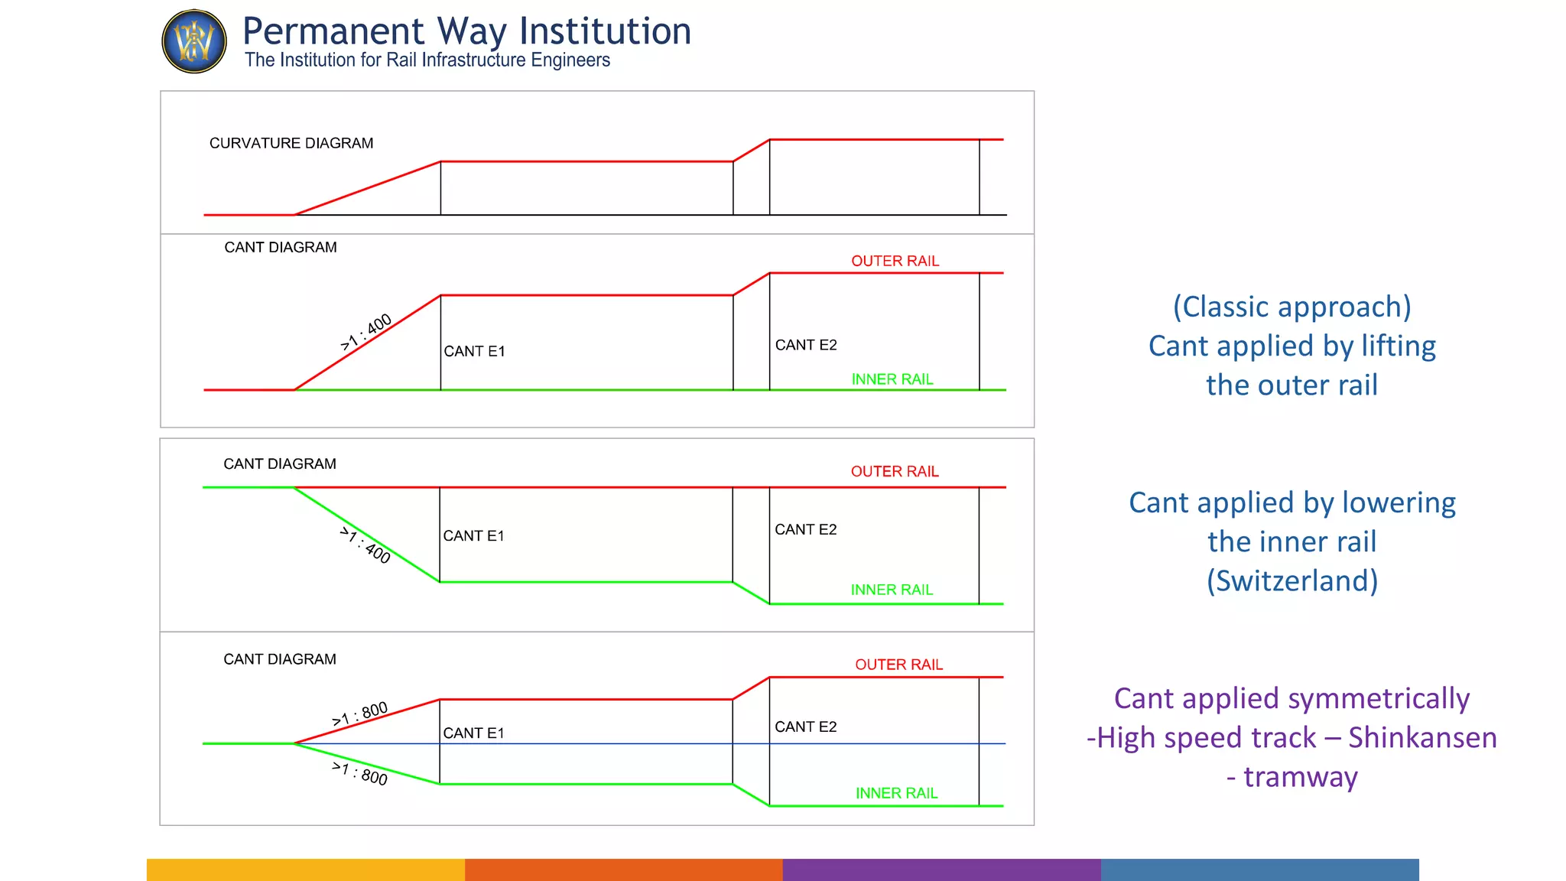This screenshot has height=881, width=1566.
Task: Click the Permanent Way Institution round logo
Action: (194, 41)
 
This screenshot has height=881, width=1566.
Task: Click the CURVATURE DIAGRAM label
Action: (291, 143)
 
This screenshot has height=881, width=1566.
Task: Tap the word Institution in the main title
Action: (605, 31)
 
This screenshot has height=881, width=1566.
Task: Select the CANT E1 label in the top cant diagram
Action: (474, 351)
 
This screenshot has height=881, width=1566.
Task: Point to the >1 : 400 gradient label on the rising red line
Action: (366, 332)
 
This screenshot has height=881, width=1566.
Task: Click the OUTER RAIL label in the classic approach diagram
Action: (895, 261)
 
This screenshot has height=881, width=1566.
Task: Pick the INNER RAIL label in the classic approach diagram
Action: (892, 379)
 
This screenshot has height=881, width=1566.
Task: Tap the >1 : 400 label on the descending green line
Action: (366, 545)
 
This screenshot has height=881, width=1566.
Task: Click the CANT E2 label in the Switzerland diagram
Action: (805, 529)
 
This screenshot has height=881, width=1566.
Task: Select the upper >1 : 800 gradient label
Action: (360, 714)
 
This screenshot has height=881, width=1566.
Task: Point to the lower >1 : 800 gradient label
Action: (359, 773)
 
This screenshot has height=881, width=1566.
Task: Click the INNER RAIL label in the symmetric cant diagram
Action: (896, 793)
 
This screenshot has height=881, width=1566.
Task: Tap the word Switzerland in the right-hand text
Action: (1292, 580)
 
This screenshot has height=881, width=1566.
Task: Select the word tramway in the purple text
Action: (1300, 777)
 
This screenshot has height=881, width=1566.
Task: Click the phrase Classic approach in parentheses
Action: (1292, 307)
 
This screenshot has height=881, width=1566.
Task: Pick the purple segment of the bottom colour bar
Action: (941, 870)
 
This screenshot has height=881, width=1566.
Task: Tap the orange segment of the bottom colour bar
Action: (623, 870)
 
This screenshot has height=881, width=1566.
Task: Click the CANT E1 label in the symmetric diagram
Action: (473, 733)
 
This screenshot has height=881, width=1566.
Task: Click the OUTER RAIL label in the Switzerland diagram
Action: (895, 471)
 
